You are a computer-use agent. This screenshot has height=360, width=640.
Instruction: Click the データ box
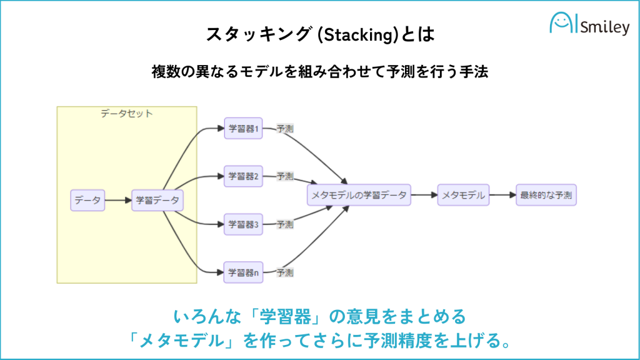(87, 200)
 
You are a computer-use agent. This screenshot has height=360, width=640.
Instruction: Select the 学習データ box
(157, 200)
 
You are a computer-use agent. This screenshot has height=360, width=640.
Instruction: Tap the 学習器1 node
(243, 129)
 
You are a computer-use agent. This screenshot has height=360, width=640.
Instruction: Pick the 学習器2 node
(243, 176)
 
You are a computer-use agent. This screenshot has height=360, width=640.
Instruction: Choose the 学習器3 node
(243, 224)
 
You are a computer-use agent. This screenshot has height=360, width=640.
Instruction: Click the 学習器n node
(243, 272)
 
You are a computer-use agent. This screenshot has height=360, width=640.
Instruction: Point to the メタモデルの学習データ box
(359, 195)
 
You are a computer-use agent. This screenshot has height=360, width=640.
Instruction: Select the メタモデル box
(463, 195)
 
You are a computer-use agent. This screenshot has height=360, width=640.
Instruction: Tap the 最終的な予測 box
(546, 195)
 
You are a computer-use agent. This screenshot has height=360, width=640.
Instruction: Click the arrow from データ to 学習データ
(117, 200)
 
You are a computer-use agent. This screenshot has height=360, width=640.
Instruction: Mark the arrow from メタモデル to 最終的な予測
(502, 195)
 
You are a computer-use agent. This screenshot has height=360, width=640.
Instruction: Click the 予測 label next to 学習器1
(285, 129)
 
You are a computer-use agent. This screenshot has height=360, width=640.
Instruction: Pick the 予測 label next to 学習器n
(285, 272)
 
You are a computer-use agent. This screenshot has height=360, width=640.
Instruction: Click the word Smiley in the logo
(604, 27)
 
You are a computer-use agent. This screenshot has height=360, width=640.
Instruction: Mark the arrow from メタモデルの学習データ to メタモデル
(424, 195)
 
